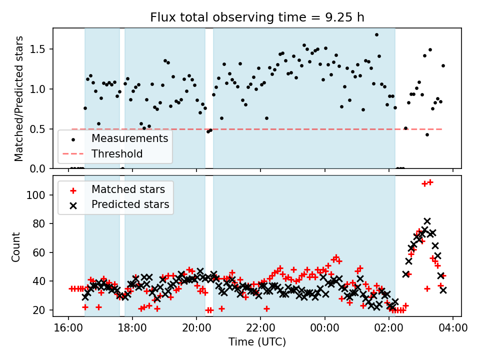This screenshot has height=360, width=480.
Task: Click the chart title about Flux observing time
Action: point(257,17)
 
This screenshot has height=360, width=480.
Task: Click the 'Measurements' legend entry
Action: point(129,138)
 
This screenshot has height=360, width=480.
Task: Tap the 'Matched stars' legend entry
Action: point(127,189)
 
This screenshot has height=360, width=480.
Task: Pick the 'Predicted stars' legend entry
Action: point(130,204)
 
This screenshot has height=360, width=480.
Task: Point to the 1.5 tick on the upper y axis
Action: point(41,49)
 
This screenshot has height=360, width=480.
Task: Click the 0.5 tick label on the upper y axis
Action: point(41,129)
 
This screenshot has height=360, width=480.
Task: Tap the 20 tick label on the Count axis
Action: point(42,310)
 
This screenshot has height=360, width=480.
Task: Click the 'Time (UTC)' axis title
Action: point(257,342)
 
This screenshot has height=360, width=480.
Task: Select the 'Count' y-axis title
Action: point(16,246)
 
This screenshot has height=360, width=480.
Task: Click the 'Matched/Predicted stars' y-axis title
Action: point(19,98)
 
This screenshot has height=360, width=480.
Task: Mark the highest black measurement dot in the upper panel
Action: point(376,35)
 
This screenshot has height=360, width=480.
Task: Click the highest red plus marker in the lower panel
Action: point(430,182)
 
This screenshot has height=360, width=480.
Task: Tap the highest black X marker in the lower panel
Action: point(427,221)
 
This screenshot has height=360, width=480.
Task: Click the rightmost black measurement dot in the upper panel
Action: point(443,65)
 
